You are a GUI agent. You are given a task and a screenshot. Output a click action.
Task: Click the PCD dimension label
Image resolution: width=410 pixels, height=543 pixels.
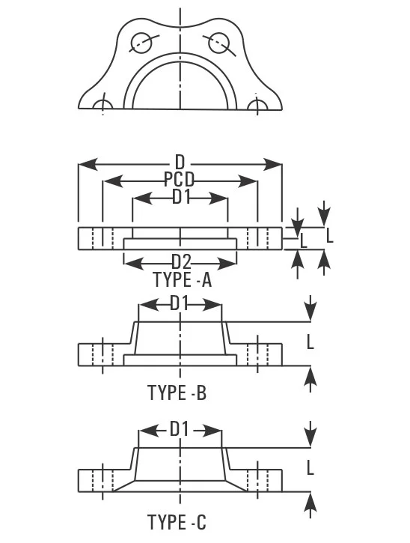[x=180, y=181]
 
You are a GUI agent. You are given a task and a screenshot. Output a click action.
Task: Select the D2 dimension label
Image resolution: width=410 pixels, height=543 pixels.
[x=181, y=262]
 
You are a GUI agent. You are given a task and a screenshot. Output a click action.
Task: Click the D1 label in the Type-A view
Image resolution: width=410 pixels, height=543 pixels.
[x=181, y=197]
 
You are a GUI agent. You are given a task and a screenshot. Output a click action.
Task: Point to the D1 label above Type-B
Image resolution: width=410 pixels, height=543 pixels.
[x=180, y=303]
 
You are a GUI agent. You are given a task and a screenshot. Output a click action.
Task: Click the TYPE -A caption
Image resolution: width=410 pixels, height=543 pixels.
[x=183, y=281]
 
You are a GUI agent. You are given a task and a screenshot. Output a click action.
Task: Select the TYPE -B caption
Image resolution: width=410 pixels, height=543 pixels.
[x=177, y=392]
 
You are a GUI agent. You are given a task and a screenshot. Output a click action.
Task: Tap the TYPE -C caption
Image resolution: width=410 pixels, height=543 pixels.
[x=177, y=522]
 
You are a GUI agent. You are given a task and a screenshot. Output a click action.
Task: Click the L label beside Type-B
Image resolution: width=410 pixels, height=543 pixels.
[x=310, y=342]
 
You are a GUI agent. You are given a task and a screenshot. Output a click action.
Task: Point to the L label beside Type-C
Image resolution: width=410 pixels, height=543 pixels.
[x=310, y=467]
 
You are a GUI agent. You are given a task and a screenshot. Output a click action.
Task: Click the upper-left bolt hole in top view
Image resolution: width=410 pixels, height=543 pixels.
[x=140, y=43]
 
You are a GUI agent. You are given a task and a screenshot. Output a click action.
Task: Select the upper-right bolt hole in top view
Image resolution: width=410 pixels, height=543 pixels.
[x=218, y=42]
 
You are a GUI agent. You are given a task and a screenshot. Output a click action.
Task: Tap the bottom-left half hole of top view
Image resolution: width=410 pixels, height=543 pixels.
[x=104, y=106]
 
